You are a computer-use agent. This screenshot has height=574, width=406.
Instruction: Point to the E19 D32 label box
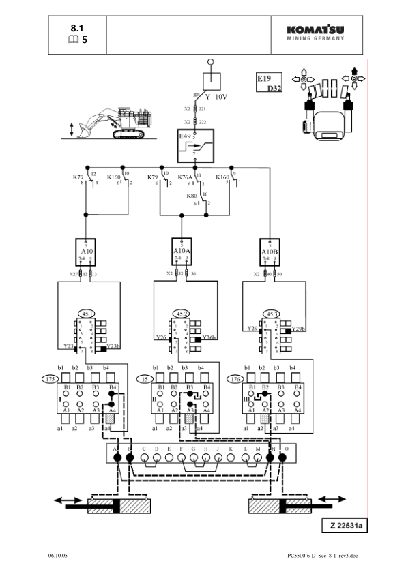(270, 83)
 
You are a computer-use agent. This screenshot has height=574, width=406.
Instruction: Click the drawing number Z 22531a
(345, 526)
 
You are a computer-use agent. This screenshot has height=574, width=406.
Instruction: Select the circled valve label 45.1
(87, 313)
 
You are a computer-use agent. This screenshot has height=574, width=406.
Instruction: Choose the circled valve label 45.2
(181, 313)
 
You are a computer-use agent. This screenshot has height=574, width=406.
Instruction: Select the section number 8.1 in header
(78, 29)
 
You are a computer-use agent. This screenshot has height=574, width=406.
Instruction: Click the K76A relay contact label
(185, 177)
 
